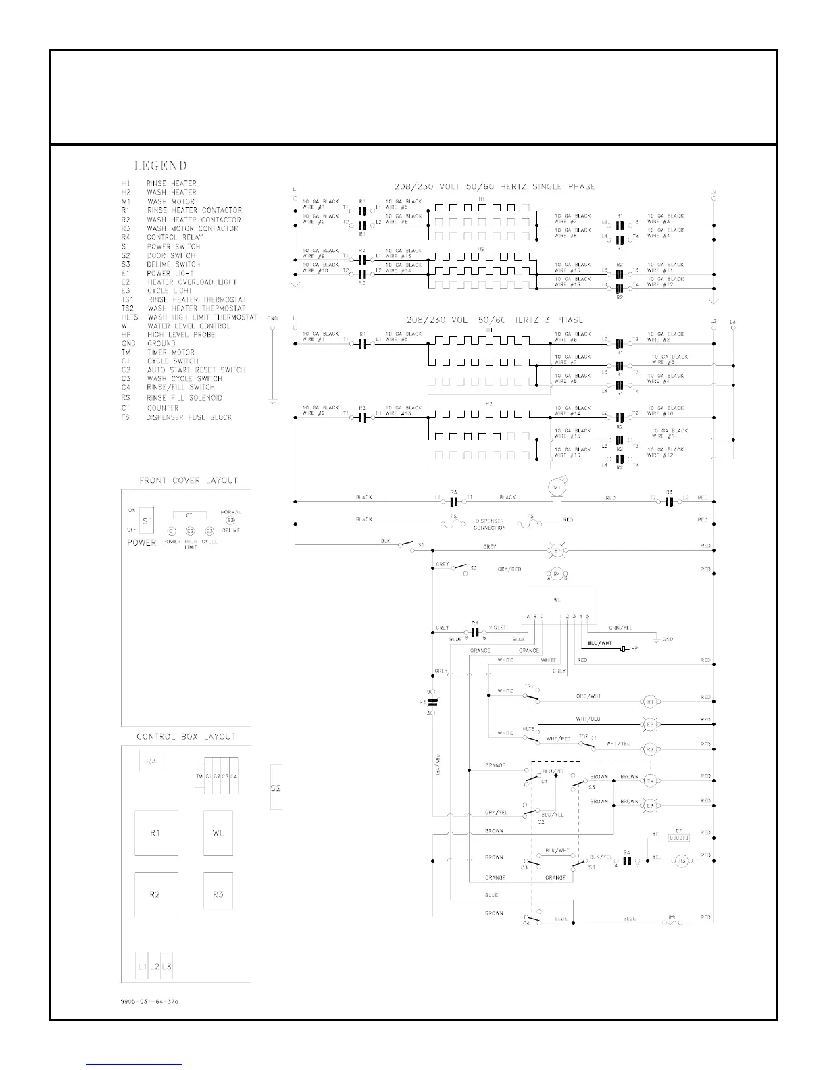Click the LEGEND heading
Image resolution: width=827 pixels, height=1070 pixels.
pos(160,165)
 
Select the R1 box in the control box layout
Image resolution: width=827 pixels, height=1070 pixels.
pos(156,833)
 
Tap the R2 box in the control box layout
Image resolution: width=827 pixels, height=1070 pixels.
pos(156,894)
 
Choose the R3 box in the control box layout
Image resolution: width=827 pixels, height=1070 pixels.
pos(218,894)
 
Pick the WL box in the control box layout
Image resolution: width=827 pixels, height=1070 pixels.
pos(218,833)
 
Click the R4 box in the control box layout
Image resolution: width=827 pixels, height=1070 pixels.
pos(151,762)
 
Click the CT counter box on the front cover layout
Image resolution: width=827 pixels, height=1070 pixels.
pos(190,515)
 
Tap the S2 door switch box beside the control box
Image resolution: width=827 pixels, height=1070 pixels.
pos(276,787)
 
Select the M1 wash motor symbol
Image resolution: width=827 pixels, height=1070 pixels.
pos(557,488)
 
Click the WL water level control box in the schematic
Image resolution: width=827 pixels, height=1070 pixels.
pos(558,601)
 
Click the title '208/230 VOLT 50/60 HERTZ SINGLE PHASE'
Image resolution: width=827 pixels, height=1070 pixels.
pos(495,186)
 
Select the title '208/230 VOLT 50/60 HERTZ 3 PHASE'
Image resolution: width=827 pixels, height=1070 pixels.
pos(495,320)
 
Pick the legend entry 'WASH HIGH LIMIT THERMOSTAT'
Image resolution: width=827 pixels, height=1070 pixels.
pos(202,317)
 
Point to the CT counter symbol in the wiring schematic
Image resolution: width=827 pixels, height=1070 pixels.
pos(678,838)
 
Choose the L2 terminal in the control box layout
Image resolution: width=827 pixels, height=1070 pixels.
pos(155,967)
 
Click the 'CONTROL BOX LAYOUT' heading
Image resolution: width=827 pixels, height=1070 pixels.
pos(186,736)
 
